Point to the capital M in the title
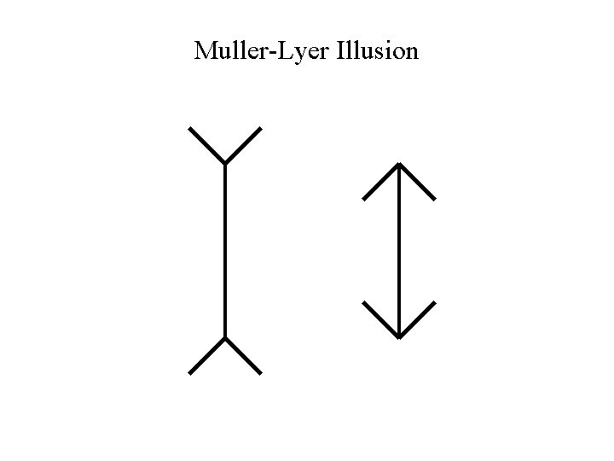pyautogui.click(x=205, y=51)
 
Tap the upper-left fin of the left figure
pyautogui.click(x=206, y=145)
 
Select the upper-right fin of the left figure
pyautogui.click(x=243, y=145)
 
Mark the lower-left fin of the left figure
pyautogui.click(x=206, y=356)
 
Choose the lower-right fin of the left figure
pyautogui.click(x=243, y=356)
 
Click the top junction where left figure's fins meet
pyautogui.click(x=224, y=163)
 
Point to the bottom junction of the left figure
pyautogui.click(x=224, y=338)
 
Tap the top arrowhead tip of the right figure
pyautogui.click(x=399, y=163)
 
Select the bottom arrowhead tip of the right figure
pyautogui.click(x=399, y=337)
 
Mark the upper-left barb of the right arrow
pyautogui.click(x=381, y=181)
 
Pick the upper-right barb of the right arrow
pyautogui.click(x=418, y=181)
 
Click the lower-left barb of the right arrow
pyautogui.click(x=381, y=319)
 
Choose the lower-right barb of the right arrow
pyautogui.click(x=418, y=319)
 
